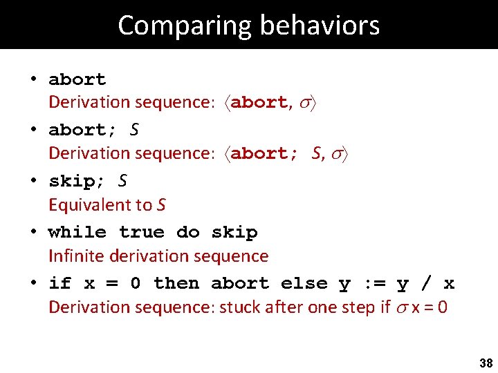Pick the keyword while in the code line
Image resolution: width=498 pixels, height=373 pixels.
coord(77,232)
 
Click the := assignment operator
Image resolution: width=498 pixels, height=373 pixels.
coord(373,283)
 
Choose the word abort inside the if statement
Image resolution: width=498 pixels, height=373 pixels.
coord(240,283)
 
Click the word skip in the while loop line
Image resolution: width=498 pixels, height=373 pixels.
coord(234,232)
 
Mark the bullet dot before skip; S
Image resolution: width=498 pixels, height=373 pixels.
coord(33,182)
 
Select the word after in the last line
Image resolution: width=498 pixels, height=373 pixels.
coord(281,307)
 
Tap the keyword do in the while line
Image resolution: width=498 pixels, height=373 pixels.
coord(188,232)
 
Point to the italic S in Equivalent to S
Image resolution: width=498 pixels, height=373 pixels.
coord(161,205)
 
